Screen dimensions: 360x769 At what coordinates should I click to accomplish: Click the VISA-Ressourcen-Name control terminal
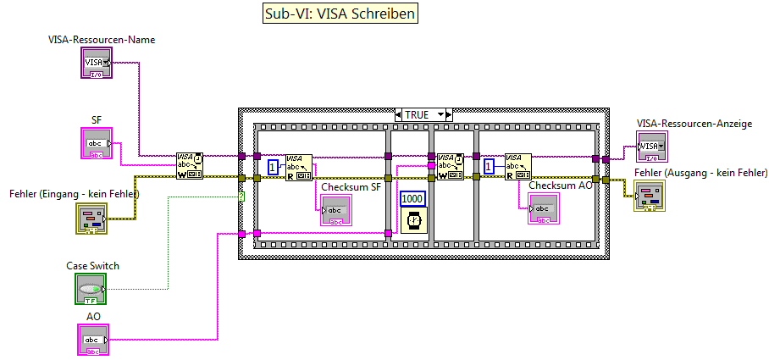coord(96,63)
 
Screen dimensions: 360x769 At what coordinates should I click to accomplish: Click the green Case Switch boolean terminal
coord(90,288)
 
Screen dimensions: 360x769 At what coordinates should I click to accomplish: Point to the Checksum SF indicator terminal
coord(335,210)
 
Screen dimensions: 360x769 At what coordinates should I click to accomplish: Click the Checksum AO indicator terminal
coord(543,208)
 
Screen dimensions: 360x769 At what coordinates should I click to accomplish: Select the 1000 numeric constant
coord(412,198)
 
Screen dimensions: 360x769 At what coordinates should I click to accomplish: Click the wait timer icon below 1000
coord(413,220)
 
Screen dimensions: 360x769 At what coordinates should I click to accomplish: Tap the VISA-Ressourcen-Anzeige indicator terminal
coord(650,147)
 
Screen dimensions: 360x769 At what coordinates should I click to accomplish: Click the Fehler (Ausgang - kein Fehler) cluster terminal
coord(650,198)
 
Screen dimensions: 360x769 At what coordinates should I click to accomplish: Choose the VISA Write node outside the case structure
coord(190,166)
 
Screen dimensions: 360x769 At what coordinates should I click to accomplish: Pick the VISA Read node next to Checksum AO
coord(518,166)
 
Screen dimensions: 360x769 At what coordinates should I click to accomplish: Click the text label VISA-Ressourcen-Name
coord(102,39)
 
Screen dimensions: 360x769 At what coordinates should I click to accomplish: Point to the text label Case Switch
coord(92,265)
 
